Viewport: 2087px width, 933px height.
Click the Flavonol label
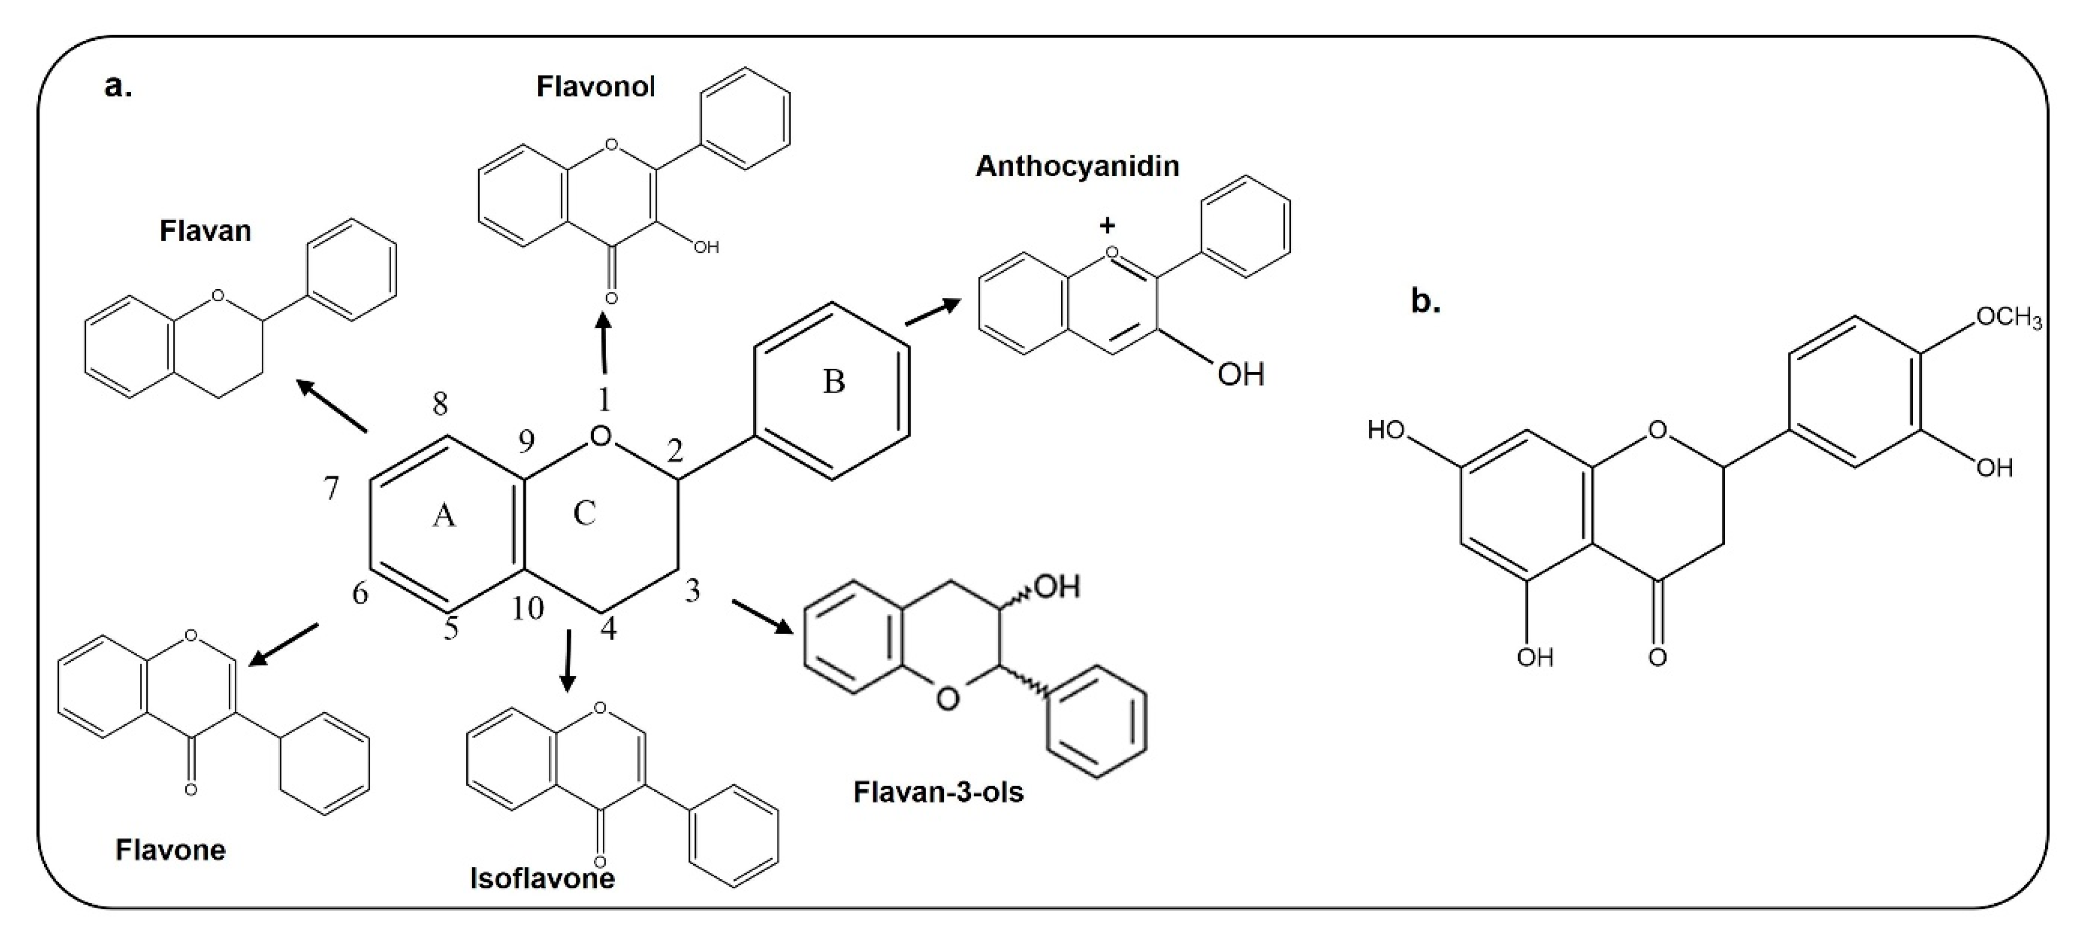pos(596,86)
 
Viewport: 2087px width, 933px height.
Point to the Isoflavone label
pos(542,878)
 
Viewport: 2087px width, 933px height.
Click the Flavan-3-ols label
pos(938,791)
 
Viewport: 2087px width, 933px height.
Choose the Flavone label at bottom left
pos(170,850)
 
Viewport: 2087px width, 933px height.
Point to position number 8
pos(440,403)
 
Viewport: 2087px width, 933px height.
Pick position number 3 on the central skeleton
pos(692,591)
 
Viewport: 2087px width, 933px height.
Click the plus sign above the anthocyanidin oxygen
pos(1107,225)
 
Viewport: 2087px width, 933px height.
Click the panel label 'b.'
pos(1426,301)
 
